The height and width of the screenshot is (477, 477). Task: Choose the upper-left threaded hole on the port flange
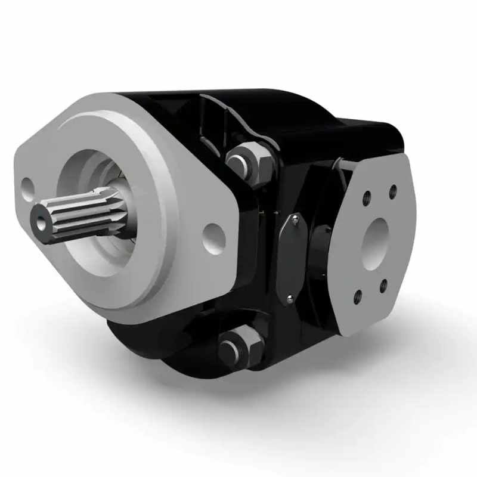[x=366, y=197]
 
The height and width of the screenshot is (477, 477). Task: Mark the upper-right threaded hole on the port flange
[x=392, y=192]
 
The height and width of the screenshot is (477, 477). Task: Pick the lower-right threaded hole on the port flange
[x=383, y=286]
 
